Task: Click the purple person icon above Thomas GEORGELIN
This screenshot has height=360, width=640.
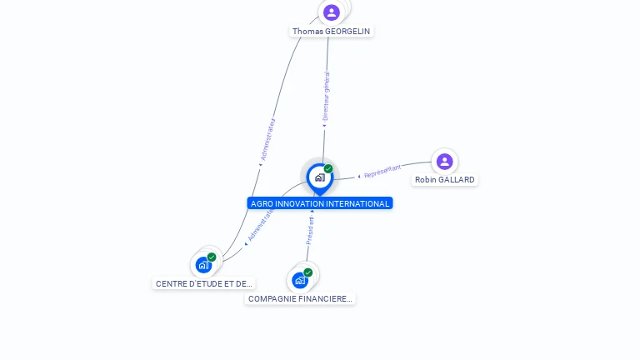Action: click(x=332, y=12)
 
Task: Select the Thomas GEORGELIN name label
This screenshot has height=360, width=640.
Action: click(x=332, y=31)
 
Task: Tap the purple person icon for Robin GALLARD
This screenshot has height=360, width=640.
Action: click(x=444, y=162)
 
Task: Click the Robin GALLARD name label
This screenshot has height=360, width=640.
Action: click(x=445, y=179)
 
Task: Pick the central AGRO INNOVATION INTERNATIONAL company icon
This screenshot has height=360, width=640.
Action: click(x=319, y=177)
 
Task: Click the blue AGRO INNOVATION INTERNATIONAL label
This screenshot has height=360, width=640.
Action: click(x=320, y=203)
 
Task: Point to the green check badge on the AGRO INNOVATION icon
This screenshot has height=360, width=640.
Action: click(x=328, y=168)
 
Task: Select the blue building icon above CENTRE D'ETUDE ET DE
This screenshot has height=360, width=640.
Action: click(x=203, y=265)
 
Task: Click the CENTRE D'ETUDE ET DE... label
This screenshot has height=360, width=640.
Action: click(x=204, y=283)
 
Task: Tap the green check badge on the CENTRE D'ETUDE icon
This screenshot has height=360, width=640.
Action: click(x=212, y=257)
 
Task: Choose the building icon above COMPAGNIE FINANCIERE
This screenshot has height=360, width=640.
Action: click(x=300, y=280)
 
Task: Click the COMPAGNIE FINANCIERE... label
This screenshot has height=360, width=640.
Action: click(x=300, y=298)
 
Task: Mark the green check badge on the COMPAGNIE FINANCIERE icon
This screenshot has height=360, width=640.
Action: click(x=308, y=272)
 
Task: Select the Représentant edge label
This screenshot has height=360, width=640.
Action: click(x=383, y=172)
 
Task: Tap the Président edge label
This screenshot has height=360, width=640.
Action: click(x=310, y=231)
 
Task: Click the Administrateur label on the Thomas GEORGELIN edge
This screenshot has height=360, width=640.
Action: click(x=267, y=140)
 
